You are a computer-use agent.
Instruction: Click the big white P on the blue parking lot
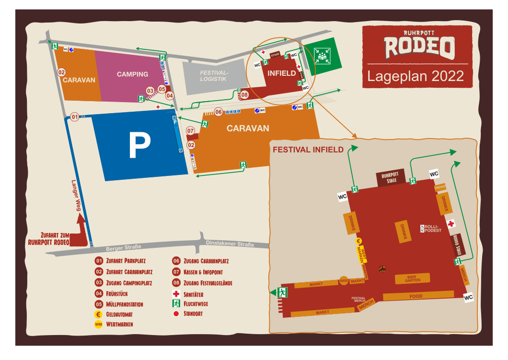(x=139, y=146)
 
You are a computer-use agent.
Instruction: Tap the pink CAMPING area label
(x=132, y=74)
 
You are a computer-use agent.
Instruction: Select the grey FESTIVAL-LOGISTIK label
(x=213, y=76)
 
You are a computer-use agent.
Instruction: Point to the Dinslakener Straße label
(x=230, y=244)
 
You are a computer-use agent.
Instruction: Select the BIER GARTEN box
(x=412, y=279)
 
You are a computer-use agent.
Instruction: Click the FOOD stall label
(x=416, y=296)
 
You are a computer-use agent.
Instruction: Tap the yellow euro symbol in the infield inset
(x=358, y=241)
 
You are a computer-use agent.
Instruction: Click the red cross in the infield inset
(x=450, y=224)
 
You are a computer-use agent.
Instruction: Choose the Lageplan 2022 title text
(x=416, y=76)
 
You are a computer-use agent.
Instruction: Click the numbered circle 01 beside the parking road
(x=74, y=116)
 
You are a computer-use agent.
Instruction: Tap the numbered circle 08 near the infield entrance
(x=244, y=94)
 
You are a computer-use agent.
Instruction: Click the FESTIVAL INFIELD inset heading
(x=308, y=150)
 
